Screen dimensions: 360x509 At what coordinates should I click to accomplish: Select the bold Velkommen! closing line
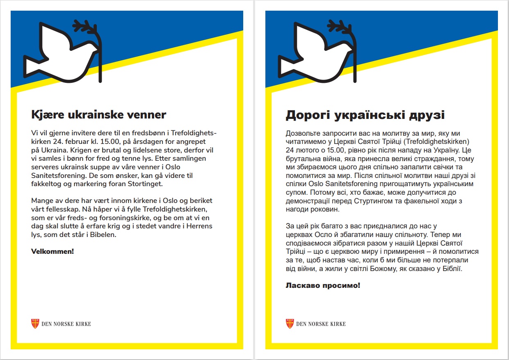tap(52, 251)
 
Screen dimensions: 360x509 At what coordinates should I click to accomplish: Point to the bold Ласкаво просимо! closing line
tap(323, 285)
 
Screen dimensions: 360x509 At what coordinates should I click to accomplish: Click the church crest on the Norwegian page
tap(35, 324)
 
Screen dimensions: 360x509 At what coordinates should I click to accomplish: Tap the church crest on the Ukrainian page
tap(290, 324)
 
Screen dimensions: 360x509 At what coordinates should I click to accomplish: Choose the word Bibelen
tap(102, 235)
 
